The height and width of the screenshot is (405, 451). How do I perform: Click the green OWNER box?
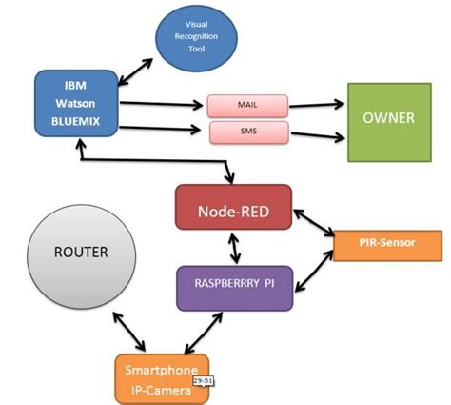click(385, 121)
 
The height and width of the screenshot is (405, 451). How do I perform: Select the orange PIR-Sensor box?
click(386, 244)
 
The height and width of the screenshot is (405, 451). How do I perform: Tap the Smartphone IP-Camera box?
click(162, 378)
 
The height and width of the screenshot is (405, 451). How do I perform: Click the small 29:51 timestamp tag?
click(202, 379)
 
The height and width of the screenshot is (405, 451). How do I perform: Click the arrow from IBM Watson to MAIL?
click(162, 102)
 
